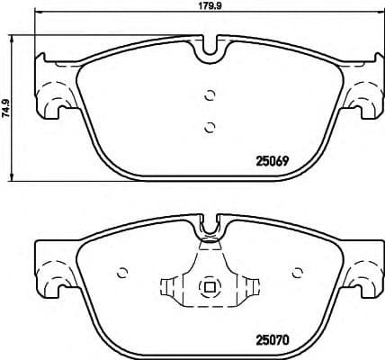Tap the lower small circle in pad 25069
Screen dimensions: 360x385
tap(210, 127)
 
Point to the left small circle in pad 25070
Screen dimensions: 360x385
tap(124, 272)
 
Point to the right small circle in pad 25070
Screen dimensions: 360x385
tap(296, 272)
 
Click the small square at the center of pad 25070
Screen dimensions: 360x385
tap(210, 288)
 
